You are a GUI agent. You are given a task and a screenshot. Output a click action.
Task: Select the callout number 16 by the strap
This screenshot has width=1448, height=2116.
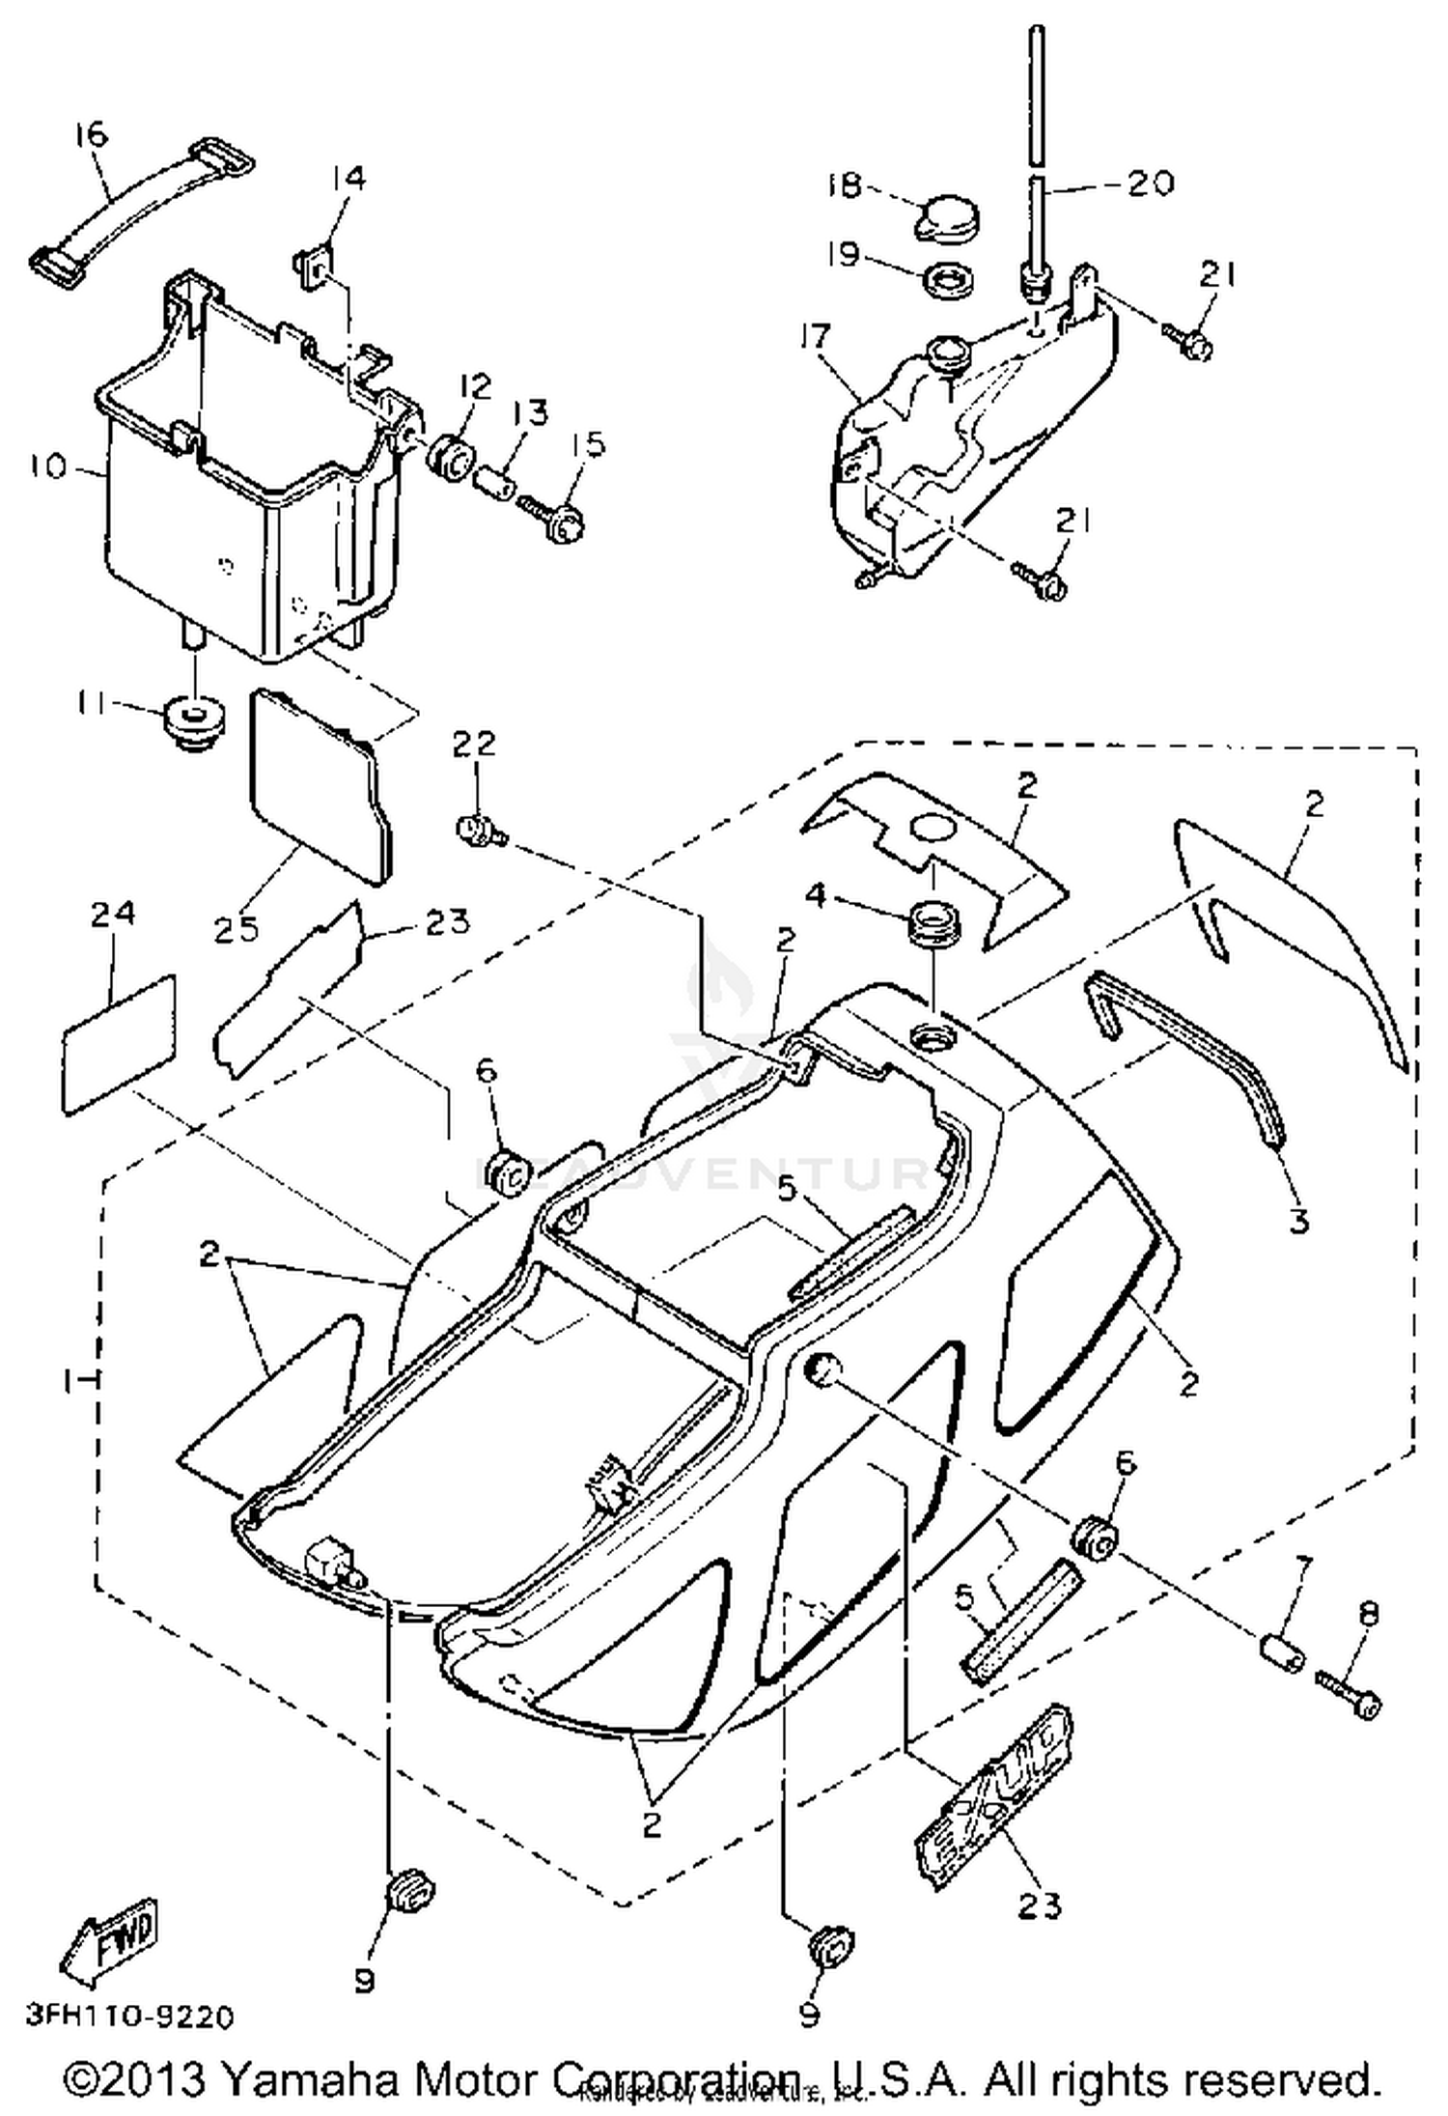[91, 135]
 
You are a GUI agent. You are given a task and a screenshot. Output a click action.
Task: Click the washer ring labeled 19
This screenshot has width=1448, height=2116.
[948, 281]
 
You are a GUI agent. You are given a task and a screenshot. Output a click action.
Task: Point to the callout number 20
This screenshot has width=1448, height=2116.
[1150, 183]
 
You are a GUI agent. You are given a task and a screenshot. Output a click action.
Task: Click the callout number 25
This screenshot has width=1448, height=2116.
[237, 928]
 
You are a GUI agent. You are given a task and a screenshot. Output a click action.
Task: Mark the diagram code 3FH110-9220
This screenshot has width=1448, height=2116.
[129, 2017]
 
